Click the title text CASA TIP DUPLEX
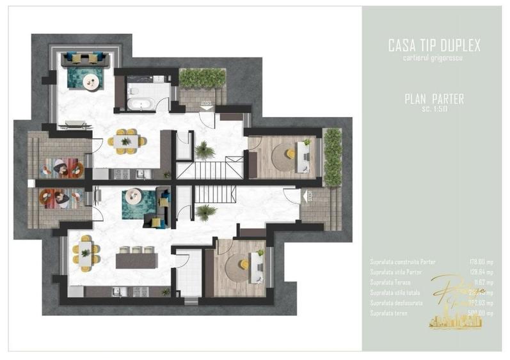434,45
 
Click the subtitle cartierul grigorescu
434,58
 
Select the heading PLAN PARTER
434,99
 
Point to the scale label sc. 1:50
434,109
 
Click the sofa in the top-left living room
89,59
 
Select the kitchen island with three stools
136,261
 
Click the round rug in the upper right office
283,153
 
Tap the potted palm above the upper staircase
204,150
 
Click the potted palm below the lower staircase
204,212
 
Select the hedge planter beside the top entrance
202,78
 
